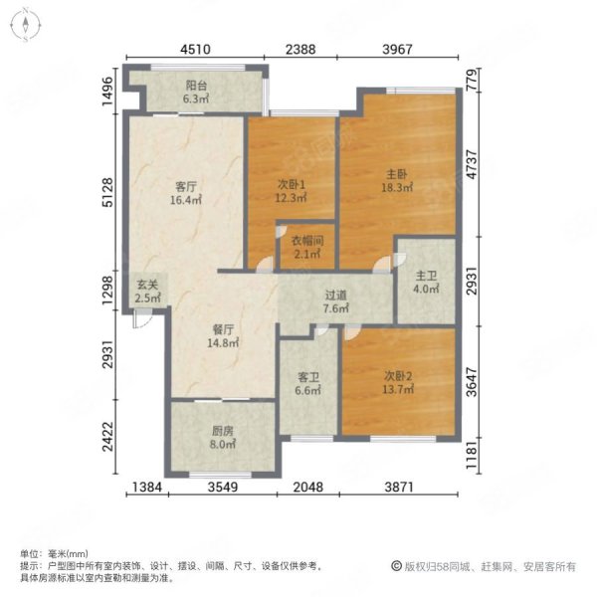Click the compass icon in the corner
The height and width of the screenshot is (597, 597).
pyautogui.click(x=26, y=25)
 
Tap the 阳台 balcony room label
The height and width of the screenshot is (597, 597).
pyautogui.click(x=196, y=85)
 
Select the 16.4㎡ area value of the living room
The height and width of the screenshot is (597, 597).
pyautogui.click(x=186, y=200)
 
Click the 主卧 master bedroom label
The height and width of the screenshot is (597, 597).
pyautogui.click(x=397, y=174)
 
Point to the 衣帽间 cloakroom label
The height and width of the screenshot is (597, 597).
pyautogui.click(x=307, y=241)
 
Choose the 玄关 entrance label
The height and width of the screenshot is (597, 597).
pyautogui.click(x=147, y=285)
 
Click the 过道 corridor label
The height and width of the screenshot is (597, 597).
pyautogui.click(x=336, y=296)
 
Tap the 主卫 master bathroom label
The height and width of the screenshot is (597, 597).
pyautogui.click(x=426, y=276)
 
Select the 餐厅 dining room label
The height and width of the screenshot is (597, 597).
pyautogui.click(x=223, y=329)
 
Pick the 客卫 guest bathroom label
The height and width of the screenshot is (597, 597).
pyautogui.click(x=308, y=377)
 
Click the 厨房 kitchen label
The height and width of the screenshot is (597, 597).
pyautogui.click(x=223, y=431)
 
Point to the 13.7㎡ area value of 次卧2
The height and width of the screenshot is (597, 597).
pyautogui.click(x=398, y=389)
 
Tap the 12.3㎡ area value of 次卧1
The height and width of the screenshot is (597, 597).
pyautogui.click(x=292, y=198)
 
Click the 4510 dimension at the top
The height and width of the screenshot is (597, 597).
pyautogui.click(x=195, y=49)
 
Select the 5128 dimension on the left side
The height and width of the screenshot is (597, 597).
pyautogui.click(x=108, y=192)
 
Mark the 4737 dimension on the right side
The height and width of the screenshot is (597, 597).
pyautogui.click(x=472, y=164)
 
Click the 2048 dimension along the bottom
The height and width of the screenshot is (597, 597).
pyautogui.click(x=308, y=487)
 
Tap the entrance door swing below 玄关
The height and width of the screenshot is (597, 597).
pyautogui.click(x=141, y=318)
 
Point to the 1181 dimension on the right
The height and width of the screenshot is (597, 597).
pyautogui.click(x=472, y=456)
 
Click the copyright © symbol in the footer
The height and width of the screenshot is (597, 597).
pyautogui.click(x=396, y=566)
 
